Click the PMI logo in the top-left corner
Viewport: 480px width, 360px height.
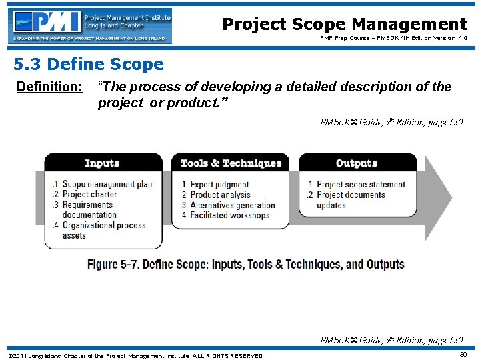pyautogui.click(x=89, y=26)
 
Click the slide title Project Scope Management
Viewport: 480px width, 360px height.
pyautogui.click(x=344, y=25)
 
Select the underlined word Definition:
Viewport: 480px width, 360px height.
pyautogui.click(x=49, y=87)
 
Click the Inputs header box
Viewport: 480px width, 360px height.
pyautogui.click(x=103, y=163)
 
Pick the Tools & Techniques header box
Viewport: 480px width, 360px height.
pyautogui.click(x=231, y=163)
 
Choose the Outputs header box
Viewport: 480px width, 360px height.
pyautogui.click(x=357, y=163)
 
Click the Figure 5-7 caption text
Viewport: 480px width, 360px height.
pyautogui.click(x=245, y=264)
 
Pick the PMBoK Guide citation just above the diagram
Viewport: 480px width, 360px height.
pyautogui.click(x=391, y=122)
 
